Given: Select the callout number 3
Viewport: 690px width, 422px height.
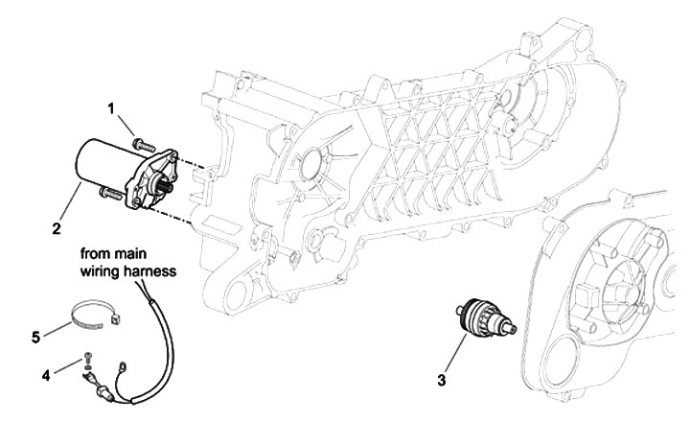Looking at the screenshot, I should pyautogui.click(x=443, y=381).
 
